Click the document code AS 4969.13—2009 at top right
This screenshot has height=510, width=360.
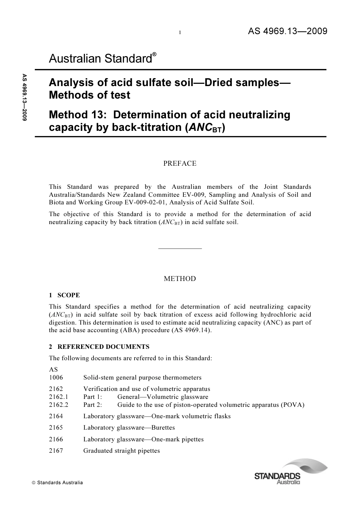click(x=287, y=31)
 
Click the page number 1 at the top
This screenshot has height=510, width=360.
click(x=180, y=33)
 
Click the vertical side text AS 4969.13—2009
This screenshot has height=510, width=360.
click(x=25, y=97)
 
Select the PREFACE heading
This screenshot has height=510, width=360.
click(x=180, y=163)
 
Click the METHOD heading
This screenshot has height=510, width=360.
click(x=180, y=279)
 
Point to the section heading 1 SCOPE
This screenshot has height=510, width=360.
click(x=64, y=295)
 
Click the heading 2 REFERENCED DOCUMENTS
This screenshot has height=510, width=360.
click(x=99, y=347)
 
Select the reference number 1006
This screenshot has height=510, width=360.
click(x=56, y=378)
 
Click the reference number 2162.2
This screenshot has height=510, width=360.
click(x=59, y=405)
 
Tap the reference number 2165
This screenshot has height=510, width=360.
click(x=56, y=428)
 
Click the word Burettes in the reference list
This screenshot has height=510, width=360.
click(x=163, y=428)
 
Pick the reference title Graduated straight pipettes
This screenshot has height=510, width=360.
click(x=122, y=451)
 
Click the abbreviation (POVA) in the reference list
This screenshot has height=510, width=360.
click(x=293, y=405)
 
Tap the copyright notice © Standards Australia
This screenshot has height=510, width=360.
click(x=57, y=483)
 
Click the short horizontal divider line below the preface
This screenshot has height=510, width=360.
click(x=180, y=248)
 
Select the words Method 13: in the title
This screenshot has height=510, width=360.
click(x=77, y=115)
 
